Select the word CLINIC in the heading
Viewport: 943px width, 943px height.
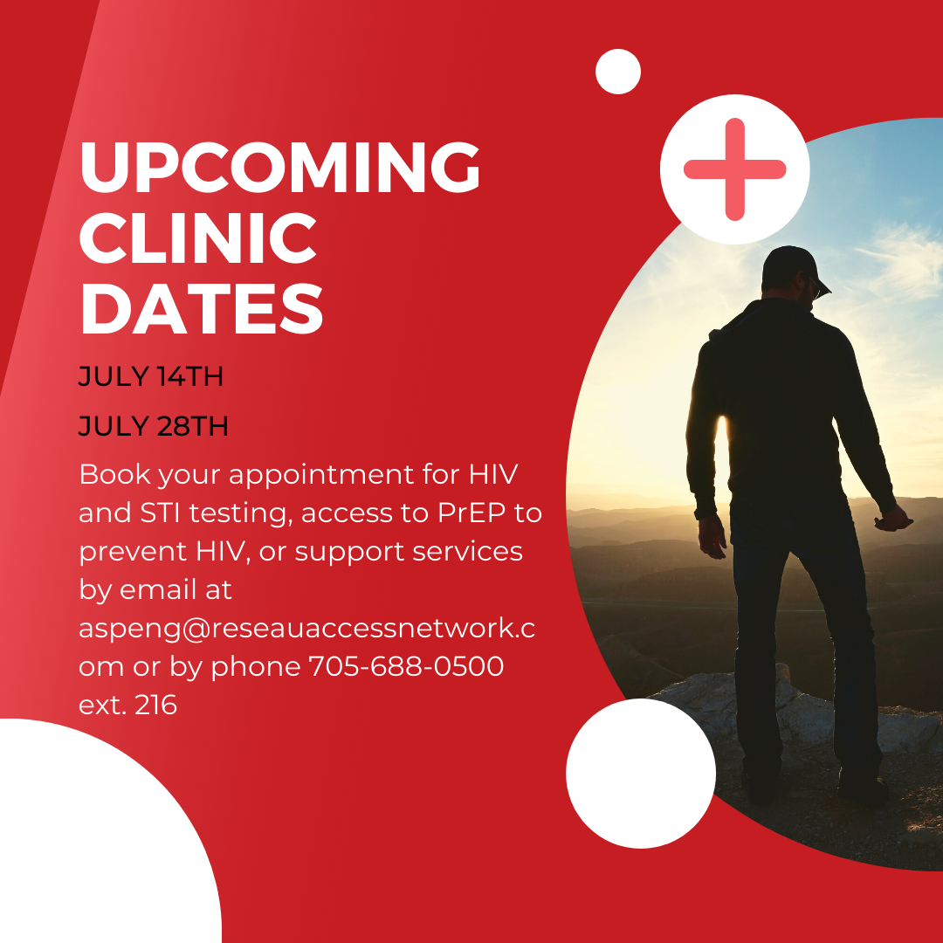[198, 238]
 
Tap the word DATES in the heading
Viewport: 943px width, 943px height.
[202, 308]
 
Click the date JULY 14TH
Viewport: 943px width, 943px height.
[151, 376]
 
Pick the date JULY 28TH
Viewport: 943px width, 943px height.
[154, 426]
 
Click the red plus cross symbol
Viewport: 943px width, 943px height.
[735, 169]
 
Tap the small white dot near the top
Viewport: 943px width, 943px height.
[618, 72]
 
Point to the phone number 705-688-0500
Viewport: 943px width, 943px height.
[406, 666]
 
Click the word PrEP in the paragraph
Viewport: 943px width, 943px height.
[471, 513]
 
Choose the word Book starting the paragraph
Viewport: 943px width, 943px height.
[115, 474]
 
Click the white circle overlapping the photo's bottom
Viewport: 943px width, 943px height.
[641, 774]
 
